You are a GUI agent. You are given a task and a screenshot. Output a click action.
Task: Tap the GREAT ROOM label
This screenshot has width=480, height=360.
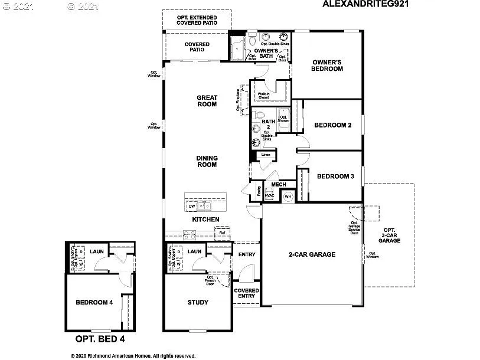pyautogui.click(x=207, y=101)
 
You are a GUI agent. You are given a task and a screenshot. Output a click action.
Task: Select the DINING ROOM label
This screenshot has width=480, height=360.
pyautogui.click(x=207, y=161)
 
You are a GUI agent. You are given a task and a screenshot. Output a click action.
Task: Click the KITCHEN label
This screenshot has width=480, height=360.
pyautogui.click(x=205, y=220)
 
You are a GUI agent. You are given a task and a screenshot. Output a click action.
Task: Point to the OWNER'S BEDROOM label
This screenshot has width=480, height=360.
pyautogui.click(x=327, y=66)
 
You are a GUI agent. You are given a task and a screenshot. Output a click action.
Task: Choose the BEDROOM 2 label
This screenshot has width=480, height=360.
pyautogui.click(x=332, y=125)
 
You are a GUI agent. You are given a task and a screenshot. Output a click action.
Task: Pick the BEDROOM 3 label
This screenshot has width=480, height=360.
pyautogui.click(x=335, y=176)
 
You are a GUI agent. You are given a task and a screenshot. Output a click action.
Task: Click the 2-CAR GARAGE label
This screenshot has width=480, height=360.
pyautogui.click(x=312, y=254)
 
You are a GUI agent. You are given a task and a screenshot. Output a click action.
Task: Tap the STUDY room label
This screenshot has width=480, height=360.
pyautogui.click(x=198, y=302)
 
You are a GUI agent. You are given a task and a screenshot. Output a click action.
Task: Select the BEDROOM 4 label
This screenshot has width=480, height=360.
pyautogui.click(x=94, y=302)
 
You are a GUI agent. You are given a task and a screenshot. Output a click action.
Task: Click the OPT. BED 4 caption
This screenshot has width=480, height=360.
pyautogui.click(x=100, y=339)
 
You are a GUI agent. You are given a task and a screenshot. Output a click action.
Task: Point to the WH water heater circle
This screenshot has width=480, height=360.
pyautogui.click(x=288, y=197)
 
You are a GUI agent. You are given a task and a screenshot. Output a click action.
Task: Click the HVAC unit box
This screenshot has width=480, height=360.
pyautogui.click(x=269, y=196)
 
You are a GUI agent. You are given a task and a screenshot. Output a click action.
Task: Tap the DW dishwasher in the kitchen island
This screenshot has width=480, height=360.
pyautogui.click(x=192, y=207)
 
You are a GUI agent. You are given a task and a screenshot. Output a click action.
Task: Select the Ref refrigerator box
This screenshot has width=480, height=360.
pyautogui.click(x=222, y=233)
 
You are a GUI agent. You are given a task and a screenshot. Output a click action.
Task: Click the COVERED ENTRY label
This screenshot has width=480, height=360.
pyautogui.click(x=246, y=293)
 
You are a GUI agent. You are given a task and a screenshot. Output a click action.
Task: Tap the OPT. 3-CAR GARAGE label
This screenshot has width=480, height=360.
pyautogui.click(x=389, y=235)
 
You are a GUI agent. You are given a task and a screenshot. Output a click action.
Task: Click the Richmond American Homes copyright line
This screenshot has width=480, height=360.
pyautogui.click(x=133, y=356)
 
